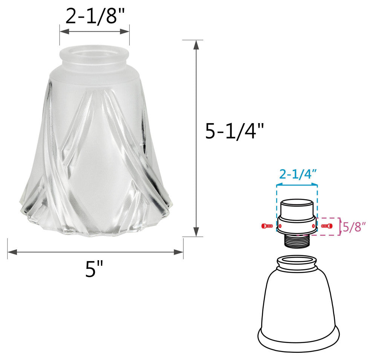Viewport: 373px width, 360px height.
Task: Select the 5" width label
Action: pos(94,269)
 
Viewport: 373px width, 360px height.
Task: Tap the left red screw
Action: pos(267,226)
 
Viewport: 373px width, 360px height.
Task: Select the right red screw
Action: pos(327,226)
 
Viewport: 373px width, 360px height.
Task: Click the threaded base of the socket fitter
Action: pos(297,240)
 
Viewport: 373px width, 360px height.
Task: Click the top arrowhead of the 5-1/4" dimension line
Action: pos(196,45)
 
